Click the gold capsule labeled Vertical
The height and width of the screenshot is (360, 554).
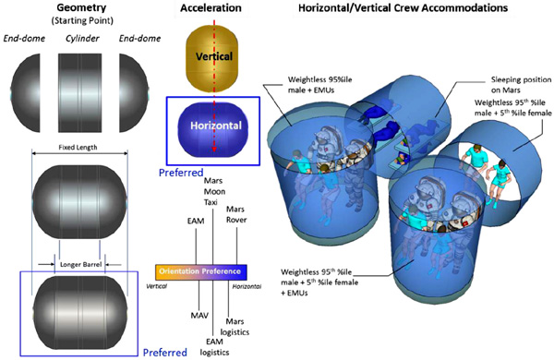point(212,57)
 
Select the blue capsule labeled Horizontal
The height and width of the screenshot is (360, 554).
point(212,129)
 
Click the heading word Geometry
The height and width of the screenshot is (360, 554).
point(81,7)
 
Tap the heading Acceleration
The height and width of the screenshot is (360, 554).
point(211,7)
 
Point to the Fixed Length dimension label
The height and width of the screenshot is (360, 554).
point(78,148)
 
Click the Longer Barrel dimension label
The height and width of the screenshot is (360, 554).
point(80,264)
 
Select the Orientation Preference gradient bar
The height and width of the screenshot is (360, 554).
point(201,271)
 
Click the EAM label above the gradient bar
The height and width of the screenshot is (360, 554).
point(196,222)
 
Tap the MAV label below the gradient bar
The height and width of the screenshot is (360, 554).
point(199,315)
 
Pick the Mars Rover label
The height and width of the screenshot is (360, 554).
point(236,214)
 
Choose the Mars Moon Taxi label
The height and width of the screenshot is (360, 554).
point(214,191)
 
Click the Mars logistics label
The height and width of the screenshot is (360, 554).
point(235,327)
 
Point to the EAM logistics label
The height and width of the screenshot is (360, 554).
point(214,347)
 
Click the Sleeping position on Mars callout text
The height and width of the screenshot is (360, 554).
point(521,85)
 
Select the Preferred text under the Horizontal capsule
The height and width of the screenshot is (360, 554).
point(181,173)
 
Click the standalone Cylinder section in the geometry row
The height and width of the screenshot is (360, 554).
point(79,93)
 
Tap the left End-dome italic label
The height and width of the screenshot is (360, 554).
point(24,39)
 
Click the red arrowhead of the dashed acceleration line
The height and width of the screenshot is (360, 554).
point(214,150)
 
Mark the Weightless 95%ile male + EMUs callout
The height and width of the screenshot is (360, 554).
point(319,85)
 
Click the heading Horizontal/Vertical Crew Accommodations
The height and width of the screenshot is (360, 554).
point(403,7)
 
